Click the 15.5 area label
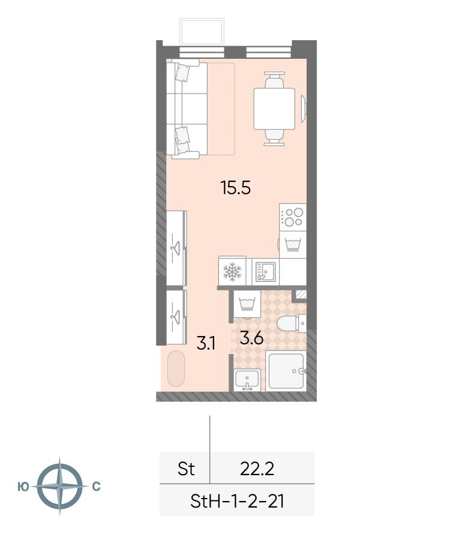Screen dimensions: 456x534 click(236, 188)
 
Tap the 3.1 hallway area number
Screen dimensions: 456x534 click(206, 343)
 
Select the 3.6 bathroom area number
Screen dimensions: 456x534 click(251, 338)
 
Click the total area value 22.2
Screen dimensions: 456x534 click(257, 469)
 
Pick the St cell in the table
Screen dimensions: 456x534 click(186, 469)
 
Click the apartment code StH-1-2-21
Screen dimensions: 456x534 click(237, 502)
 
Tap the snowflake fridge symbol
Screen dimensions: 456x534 click(232, 271)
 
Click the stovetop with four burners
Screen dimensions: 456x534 click(293, 217)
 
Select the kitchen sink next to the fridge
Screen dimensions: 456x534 click(265, 271)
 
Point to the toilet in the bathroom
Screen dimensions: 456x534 click(291, 323)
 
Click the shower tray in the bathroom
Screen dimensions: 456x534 click(286, 371)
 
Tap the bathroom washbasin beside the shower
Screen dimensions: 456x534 click(247, 380)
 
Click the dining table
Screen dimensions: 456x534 click(274, 109)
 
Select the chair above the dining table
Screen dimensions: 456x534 click(274, 80)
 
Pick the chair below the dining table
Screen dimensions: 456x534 click(274, 137)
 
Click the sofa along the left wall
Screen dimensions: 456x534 click(187, 109)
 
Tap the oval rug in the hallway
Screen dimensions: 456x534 click(176, 368)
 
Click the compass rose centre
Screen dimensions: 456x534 click(60, 486)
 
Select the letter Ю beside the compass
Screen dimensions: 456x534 click(23, 487)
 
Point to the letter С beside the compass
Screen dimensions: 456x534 click(97, 487)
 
